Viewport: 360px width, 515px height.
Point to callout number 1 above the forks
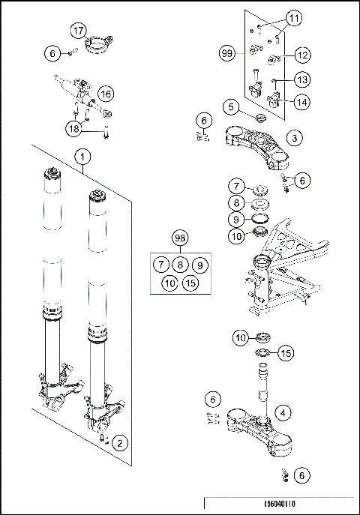pos(82,156)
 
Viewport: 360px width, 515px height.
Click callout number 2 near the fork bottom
pos(118,443)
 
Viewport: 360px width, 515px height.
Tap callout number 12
pos(302,55)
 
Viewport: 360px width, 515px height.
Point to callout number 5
pos(233,108)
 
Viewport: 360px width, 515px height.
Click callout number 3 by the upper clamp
pos(296,138)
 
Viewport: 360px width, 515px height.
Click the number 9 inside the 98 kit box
pos(198,265)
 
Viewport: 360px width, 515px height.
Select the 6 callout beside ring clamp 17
pos(52,54)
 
